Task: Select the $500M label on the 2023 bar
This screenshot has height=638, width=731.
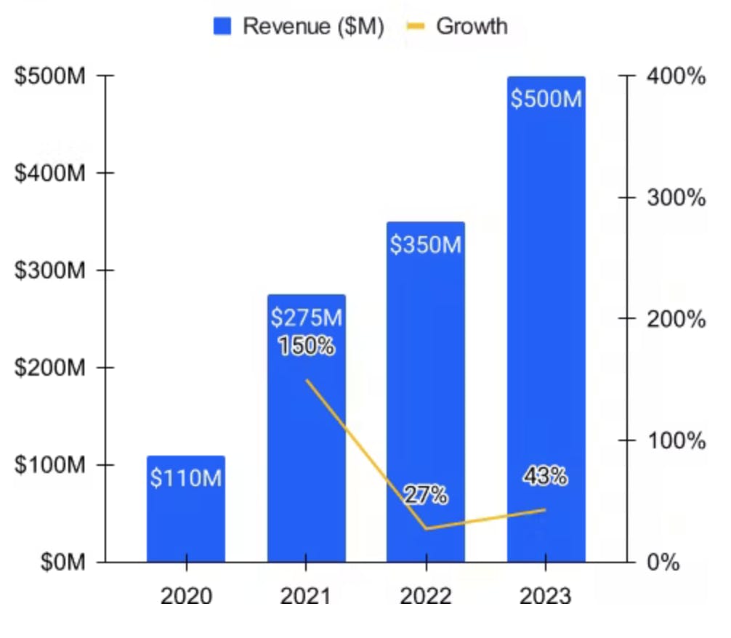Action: tap(546, 98)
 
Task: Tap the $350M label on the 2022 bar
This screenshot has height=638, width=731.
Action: tap(426, 245)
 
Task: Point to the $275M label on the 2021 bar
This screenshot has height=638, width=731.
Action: tap(306, 318)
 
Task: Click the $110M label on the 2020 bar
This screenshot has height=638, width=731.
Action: tap(186, 478)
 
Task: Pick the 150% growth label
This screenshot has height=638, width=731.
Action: tap(307, 346)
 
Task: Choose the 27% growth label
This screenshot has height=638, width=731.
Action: tap(427, 496)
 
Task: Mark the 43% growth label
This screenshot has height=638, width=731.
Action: tap(545, 477)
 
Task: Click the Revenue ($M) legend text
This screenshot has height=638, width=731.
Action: tap(313, 26)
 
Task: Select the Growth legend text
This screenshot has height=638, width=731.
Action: tap(472, 26)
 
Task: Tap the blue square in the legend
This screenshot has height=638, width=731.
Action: tap(222, 27)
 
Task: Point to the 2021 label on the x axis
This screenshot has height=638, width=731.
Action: tap(306, 597)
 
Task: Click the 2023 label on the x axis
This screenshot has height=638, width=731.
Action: tap(546, 597)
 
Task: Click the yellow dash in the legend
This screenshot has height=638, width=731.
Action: tap(415, 27)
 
